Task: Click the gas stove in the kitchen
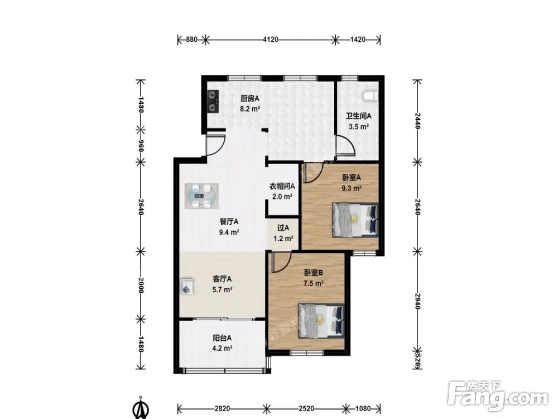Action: click(x=213, y=101)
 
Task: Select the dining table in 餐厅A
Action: click(x=201, y=195)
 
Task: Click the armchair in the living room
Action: click(x=187, y=286)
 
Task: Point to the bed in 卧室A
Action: click(x=355, y=220)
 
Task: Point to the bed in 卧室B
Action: click(x=321, y=321)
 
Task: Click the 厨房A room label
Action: click(x=249, y=98)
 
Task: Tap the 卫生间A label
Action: click(x=359, y=116)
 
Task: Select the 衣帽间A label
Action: click(x=282, y=186)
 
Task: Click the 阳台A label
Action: click(x=222, y=338)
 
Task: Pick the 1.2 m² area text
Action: click(x=283, y=239)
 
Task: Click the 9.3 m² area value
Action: click(x=352, y=188)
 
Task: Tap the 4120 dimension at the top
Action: click(x=271, y=40)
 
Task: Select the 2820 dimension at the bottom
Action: click(x=222, y=408)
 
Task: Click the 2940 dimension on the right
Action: click(x=417, y=302)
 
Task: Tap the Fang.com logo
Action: click(x=498, y=396)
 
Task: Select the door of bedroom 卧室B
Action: click(x=282, y=262)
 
